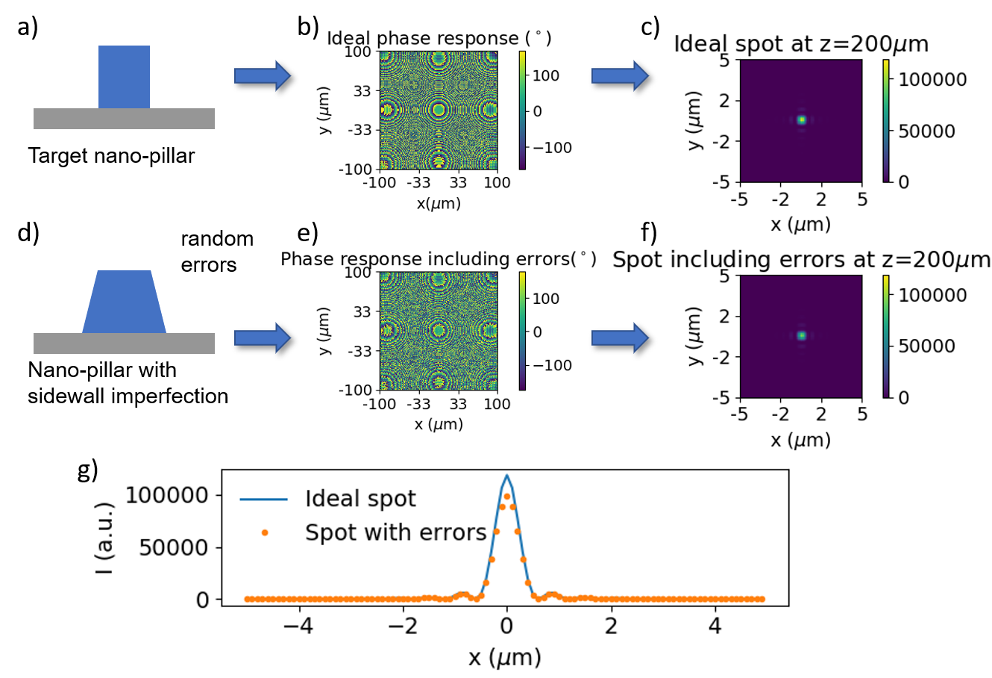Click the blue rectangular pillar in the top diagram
124,77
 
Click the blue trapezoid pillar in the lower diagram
124,302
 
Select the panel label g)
88,471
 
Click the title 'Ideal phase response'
423,38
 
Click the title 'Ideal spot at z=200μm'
801,44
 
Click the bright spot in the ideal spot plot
802,119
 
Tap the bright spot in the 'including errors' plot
802,336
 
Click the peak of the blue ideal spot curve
507,476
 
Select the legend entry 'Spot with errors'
395,532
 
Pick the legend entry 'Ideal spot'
360,498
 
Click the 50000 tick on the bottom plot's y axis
174,547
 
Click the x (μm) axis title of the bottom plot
504,657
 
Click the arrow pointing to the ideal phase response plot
262,75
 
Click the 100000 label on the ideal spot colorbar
932,80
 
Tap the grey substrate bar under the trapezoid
124,343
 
